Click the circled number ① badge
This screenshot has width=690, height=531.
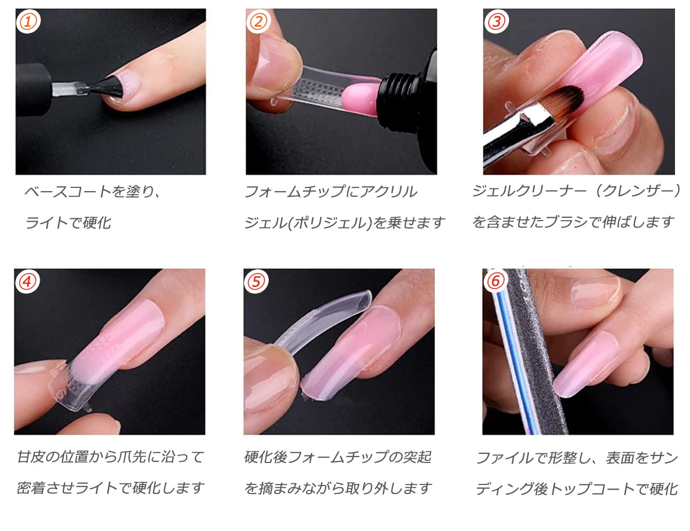point(28,21)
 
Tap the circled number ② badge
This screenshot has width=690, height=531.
point(258,21)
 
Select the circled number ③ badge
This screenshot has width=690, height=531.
point(496,21)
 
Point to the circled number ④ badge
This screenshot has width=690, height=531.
point(27,282)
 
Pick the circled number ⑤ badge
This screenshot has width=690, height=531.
point(256,281)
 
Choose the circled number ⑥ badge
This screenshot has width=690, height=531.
point(495,281)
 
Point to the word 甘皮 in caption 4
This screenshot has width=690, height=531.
point(30,457)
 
